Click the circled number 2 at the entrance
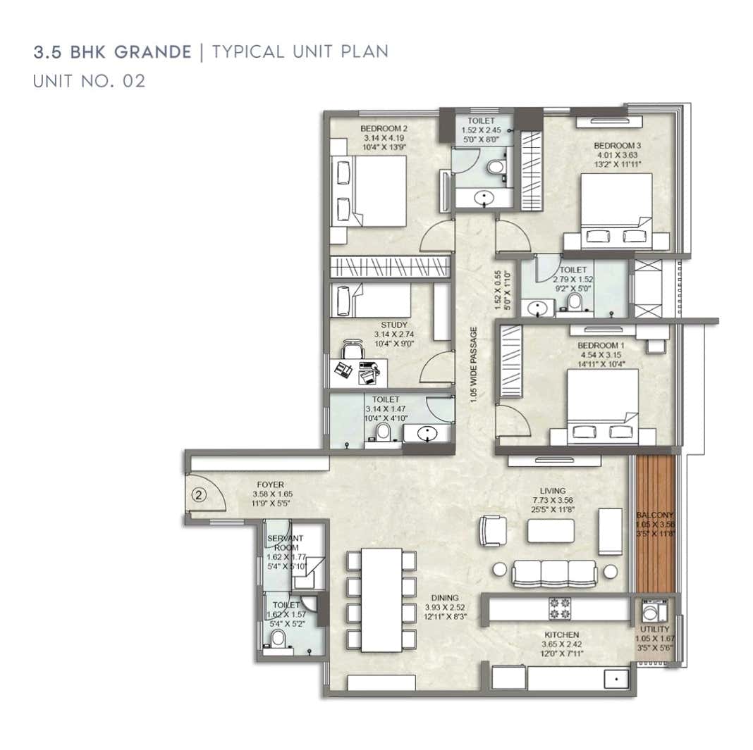pos(199,495)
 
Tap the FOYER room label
pos(269,485)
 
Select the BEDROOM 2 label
pos(384,129)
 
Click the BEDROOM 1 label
pos(601,346)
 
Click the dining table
pos(381,599)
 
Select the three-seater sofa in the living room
pos(553,573)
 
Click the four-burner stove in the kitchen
pos(560,608)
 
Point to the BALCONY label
pos(655,515)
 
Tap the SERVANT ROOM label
pos(285,543)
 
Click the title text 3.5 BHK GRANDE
pos(113,52)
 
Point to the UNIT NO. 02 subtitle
pos(89,81)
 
